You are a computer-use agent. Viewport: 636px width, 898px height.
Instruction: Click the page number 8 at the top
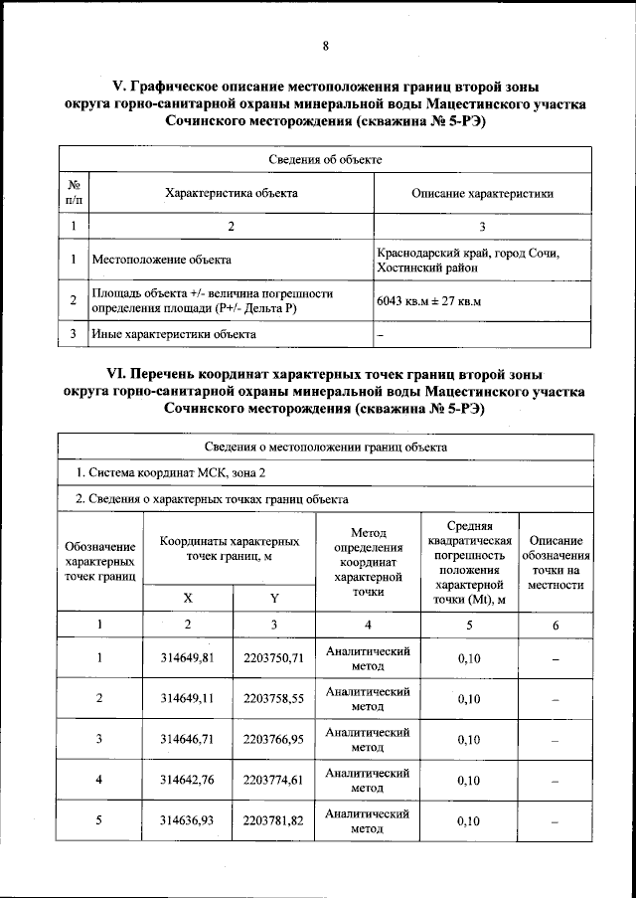[x=325, y=46]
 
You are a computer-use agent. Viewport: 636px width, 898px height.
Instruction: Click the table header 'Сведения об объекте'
[x=325, y=159]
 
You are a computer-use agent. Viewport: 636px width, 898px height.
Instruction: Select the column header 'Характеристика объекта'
[x=232, y=193]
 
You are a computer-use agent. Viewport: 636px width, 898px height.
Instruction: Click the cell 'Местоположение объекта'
[x=162, y=260]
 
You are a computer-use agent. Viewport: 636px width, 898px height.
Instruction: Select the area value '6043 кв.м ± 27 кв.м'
[x=428, y=301]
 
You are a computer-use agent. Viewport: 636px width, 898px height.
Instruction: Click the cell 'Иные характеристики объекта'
[x=174, y=334]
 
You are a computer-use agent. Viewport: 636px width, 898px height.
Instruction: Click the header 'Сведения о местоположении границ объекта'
[x=325, y=447]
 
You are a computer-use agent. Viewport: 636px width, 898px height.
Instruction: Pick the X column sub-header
[x=189, y=597]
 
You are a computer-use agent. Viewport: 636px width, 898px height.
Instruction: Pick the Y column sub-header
[x=274, y=597]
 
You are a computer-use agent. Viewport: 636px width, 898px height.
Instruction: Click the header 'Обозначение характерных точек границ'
[x=99, y=561]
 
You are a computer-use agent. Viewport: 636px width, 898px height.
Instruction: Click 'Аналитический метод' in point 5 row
[x=368, y=820]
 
